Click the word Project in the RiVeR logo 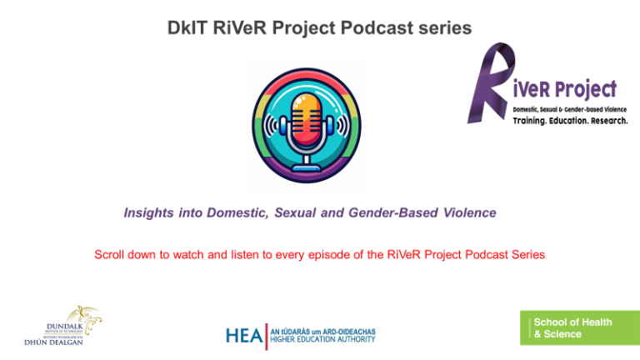[x=584, y=89]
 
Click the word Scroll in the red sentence [x=111, y=254]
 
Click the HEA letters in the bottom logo [x=243, y=335]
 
